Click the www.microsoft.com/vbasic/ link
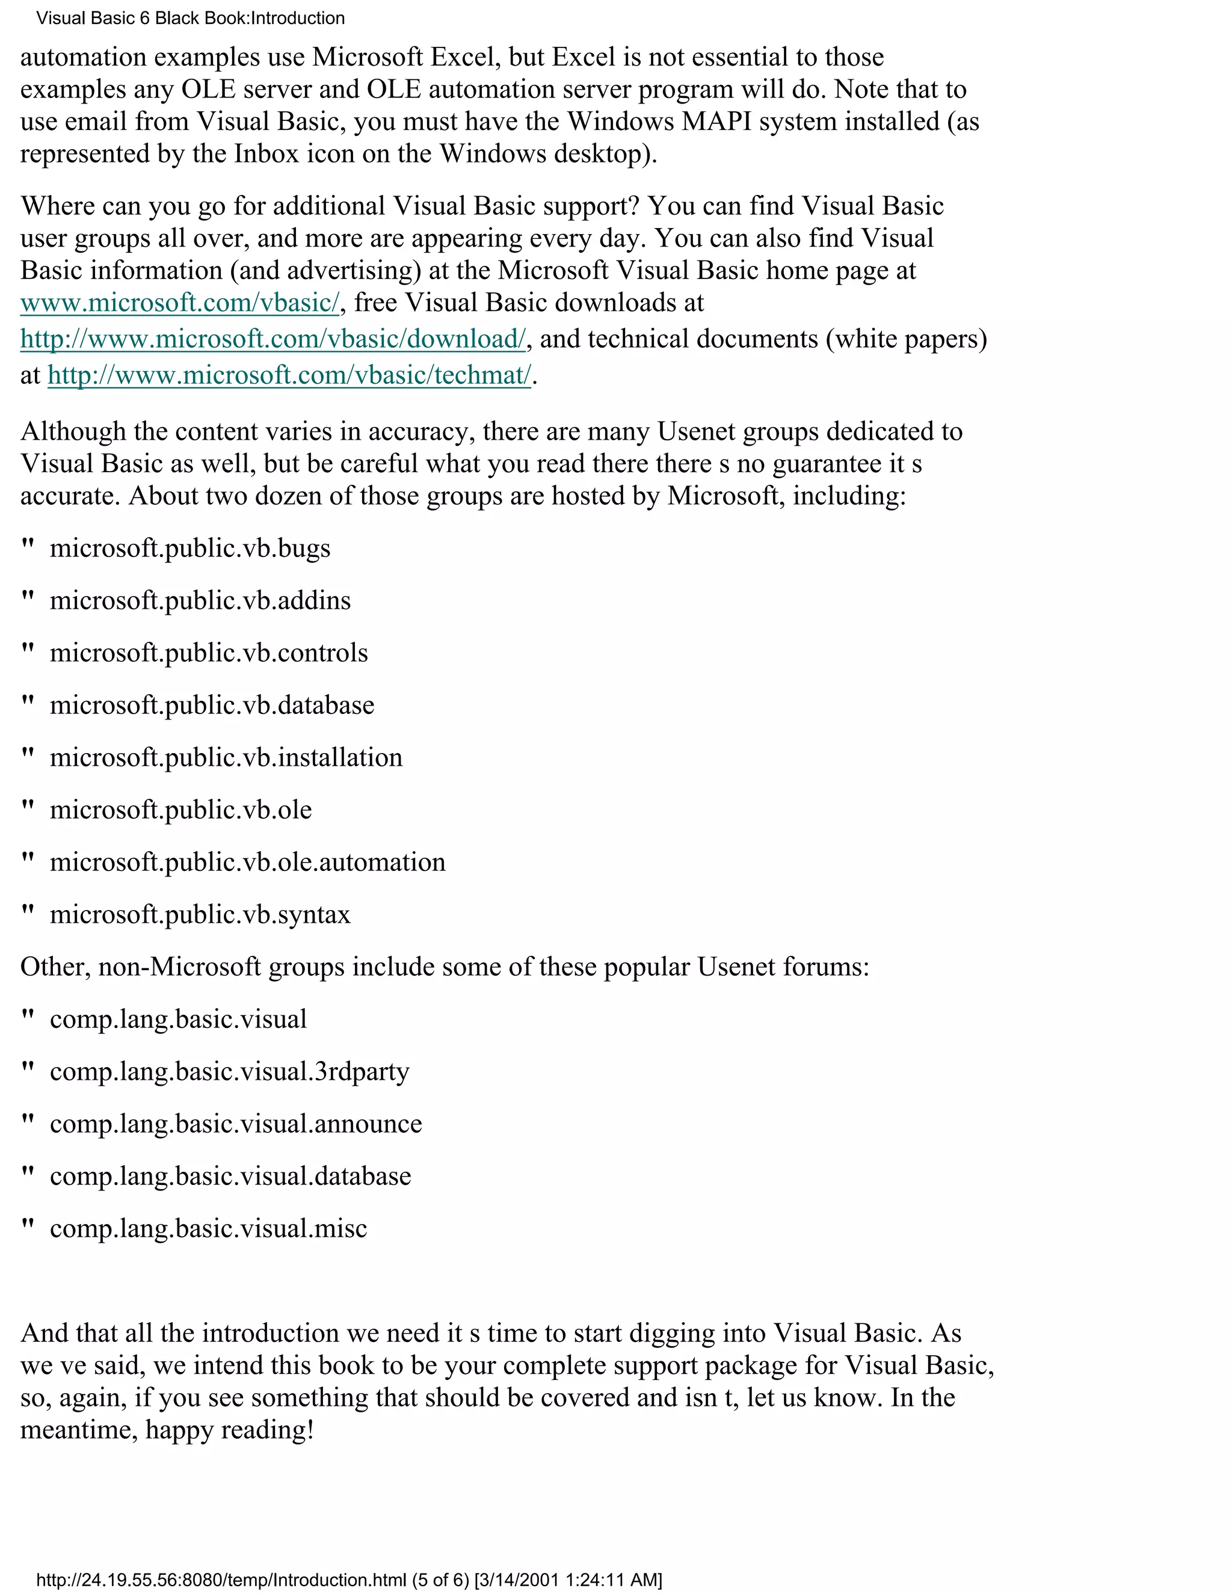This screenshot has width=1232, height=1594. (x=179, y=303)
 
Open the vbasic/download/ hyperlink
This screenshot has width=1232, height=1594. (x=273, y=339)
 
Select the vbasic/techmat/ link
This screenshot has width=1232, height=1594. (x=289, y=376)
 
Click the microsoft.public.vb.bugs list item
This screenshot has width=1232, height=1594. (x=189, y=549)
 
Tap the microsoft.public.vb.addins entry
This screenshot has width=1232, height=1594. (x=200, y=602)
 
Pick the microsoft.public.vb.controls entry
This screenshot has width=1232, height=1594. (x=209, y=653)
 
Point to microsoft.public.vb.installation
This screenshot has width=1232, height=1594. (x=226, y=759)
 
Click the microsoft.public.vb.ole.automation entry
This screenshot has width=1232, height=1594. (x=247, y=863)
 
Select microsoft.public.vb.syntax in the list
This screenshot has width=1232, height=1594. (x=200, y=915)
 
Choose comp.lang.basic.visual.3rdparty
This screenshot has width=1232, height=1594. (x=229, y=1072)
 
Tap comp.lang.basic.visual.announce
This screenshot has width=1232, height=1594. (x=236, y=1125)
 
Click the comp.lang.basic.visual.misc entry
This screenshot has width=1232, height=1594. (x=208, y=1229)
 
